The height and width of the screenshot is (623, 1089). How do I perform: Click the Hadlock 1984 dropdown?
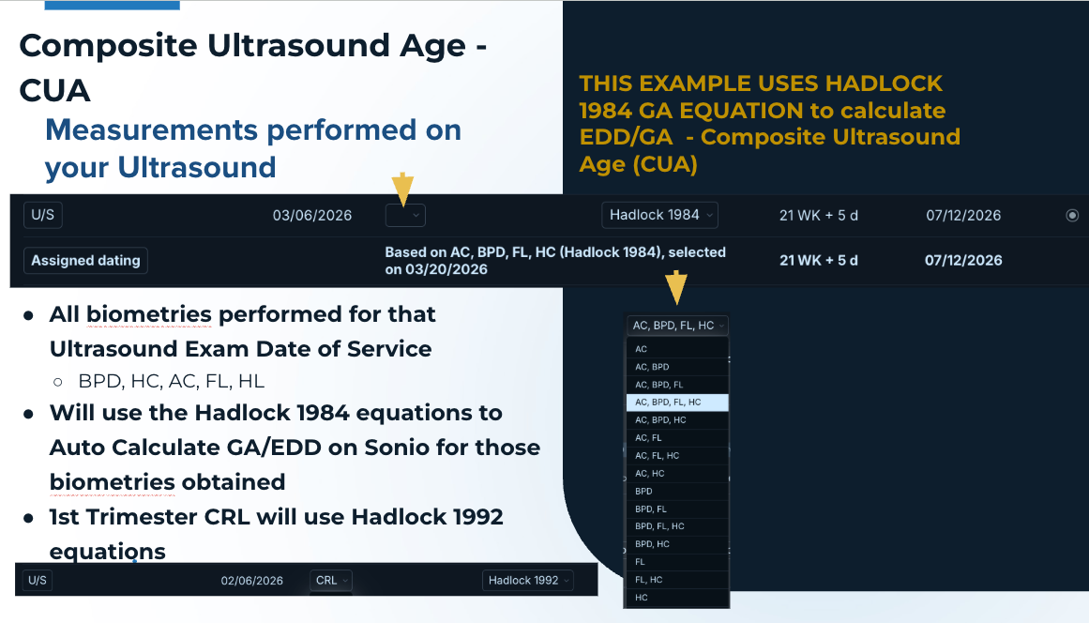point(659,215)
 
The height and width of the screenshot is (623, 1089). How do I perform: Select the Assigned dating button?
point(85,261)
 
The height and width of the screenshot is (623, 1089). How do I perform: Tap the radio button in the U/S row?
point(1072,215)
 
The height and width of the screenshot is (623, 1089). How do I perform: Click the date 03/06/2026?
point(311,215)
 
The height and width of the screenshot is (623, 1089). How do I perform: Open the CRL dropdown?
point(331,581)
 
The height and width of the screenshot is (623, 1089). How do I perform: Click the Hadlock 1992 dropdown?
point(528,581)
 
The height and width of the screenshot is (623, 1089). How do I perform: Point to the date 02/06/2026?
point(252,581)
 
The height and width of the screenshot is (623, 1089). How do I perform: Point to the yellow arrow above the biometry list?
point(676,288)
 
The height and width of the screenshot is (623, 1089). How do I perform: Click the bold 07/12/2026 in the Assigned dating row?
point(963,261)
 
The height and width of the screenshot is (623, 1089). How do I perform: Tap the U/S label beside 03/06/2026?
point(42,215)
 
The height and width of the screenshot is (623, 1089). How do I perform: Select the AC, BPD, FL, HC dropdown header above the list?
point(677,325)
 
